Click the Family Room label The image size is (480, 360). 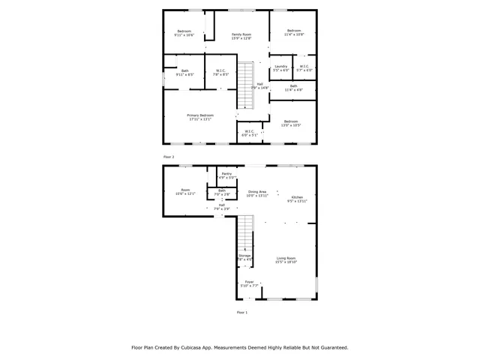pyautogui.click(x=241, y=34)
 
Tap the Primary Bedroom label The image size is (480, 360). pyautogui.click(x=200, y=115)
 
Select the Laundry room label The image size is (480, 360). pyautogui.click(x=281, y=66)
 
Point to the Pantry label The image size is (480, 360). pyautogui.click(x=226, y=173)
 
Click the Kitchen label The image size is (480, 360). pyautogui.click(x=297, y=196)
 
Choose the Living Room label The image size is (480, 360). pyautogui.click(x=286, y=258)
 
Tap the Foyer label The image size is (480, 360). pyautogui.click(x=249, y=282)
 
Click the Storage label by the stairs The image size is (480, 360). pyautogui.click(x=244, y=256)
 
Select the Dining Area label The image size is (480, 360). pyautogui.click(x=257, y=192)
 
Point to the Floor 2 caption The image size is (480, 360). pyautogui.click(x=169, y=156)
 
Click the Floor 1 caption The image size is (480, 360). pyautogui.click(x=241, y=311)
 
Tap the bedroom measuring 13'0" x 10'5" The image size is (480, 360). pyautogui.click(x=290, y=121)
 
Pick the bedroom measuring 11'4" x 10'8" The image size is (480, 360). pyautogui.click(x=293, y=31)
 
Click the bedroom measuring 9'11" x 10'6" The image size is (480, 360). pyautogui.click(x=184, y=31)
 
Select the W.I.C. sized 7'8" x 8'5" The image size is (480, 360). pyautogui.click(x=220, y=71)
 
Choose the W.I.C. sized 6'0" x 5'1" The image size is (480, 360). pyautogui.click(x=248, y=132)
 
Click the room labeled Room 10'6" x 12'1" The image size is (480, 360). pyautogui.click(x=184, y=190)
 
